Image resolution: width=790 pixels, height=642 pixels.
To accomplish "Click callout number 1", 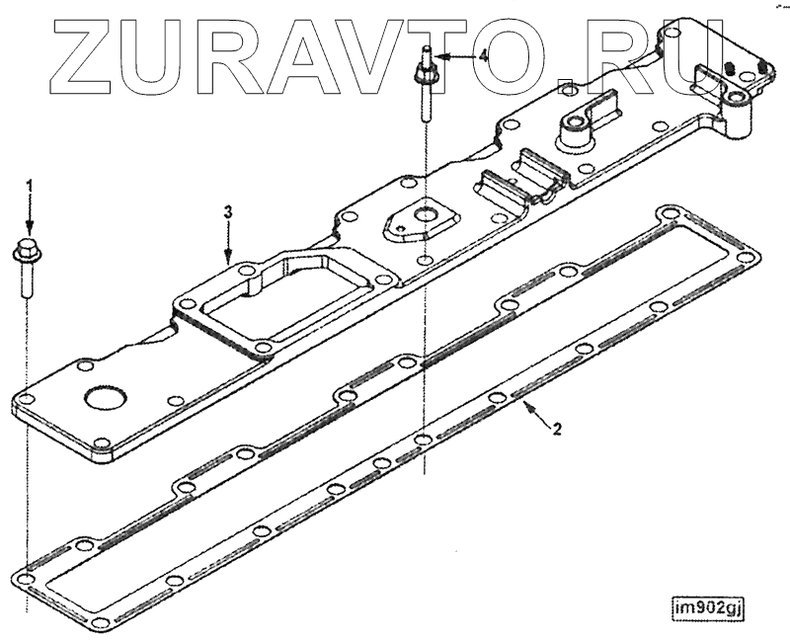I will tap(29, 185).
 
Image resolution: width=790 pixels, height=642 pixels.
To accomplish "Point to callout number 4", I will tap(483, 57).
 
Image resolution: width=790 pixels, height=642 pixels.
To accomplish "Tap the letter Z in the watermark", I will tap(92, 46).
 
